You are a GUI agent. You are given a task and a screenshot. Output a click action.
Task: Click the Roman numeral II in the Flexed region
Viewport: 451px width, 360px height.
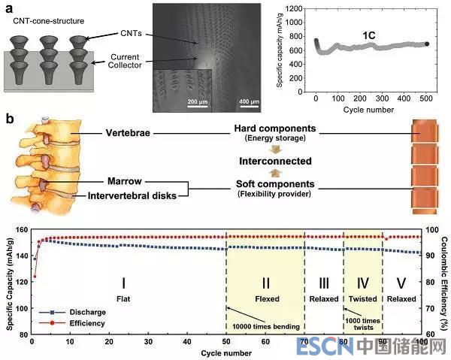pyautogui.click(x=265, y=283)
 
